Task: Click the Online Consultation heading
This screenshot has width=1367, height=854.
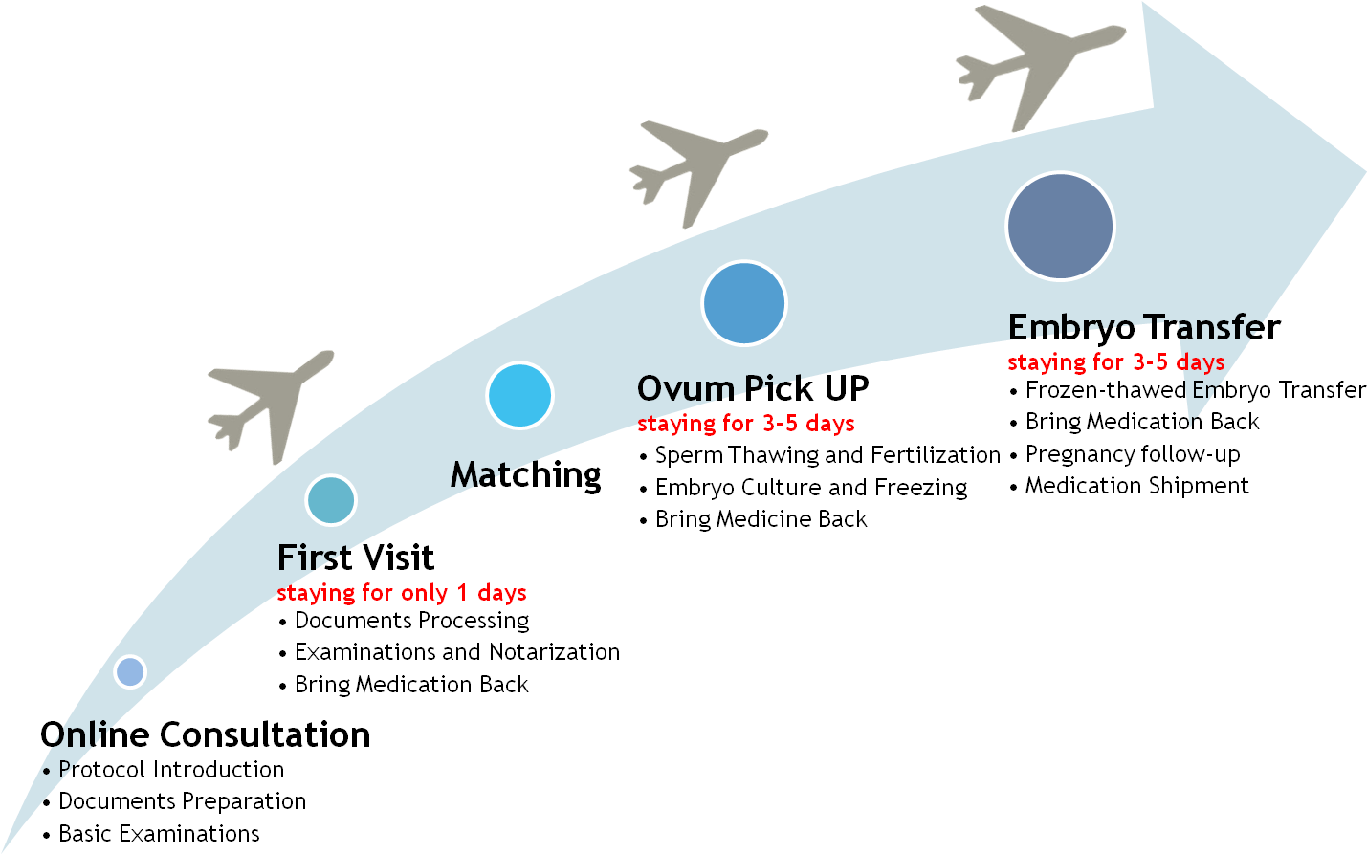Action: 205,734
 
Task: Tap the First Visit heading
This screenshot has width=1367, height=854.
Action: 356,558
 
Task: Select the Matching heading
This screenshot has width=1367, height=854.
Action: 525,476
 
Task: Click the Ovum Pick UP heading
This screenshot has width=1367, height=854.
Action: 753,388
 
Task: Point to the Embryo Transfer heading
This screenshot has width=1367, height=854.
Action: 1144,328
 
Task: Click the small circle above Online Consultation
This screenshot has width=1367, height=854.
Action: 130,671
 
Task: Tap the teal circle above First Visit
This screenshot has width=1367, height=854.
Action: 331,500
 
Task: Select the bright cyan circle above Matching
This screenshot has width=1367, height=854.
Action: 520,395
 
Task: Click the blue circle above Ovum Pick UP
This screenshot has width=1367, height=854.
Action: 744,303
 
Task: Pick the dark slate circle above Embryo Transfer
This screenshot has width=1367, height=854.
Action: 1060,227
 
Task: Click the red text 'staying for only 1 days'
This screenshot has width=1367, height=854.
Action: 402,593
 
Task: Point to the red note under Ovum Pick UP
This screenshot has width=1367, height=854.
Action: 746,424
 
